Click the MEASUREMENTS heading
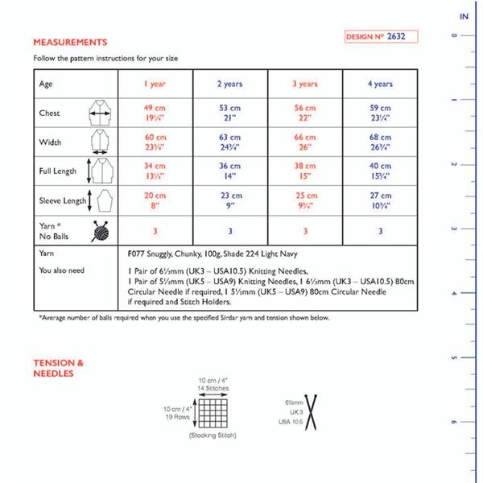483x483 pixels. point(70,41)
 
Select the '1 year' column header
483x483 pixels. point(156,84)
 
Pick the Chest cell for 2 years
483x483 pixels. point(230,113)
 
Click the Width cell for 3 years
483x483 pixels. point(304,142)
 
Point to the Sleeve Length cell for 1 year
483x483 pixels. point(156,200)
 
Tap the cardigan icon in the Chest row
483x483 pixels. point(100,114)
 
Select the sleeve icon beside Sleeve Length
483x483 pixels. point(102,200)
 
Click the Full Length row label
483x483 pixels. point(58,171)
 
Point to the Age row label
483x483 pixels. point(47,84)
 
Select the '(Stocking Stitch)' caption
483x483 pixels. point(211,436)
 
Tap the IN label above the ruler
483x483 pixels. point(464,16)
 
